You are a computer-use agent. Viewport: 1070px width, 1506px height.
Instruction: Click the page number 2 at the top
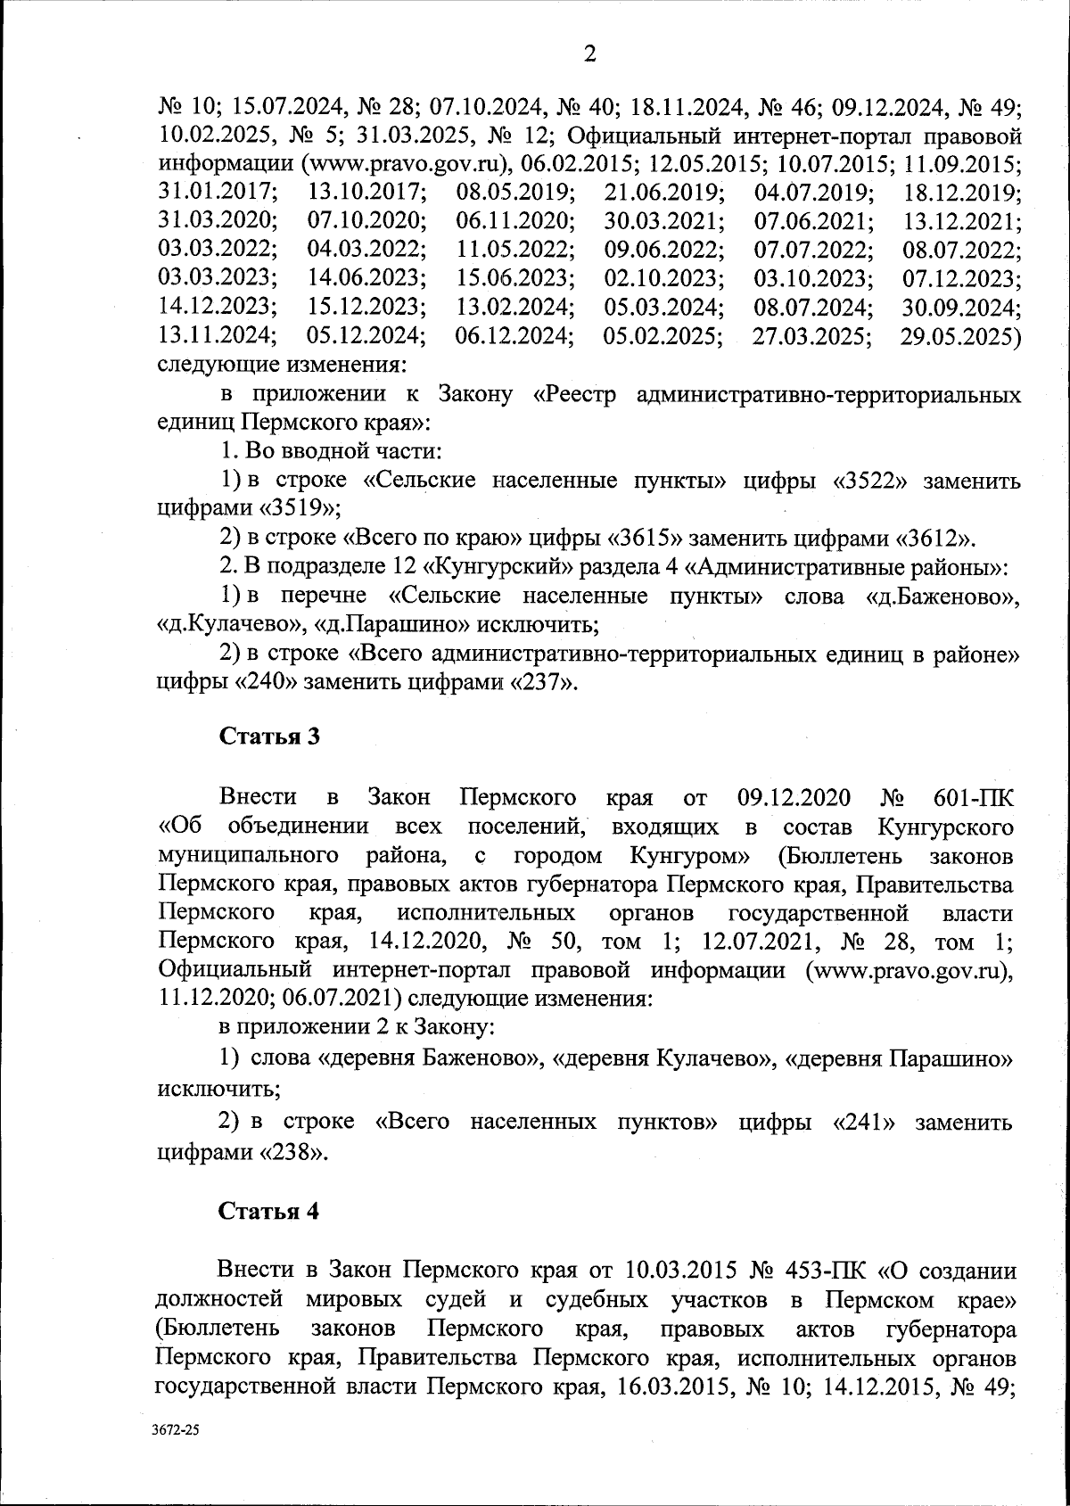pyautogui.click(x=588, y=55)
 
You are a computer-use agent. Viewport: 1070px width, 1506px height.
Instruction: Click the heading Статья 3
pyautogui.click(x=268, y=737)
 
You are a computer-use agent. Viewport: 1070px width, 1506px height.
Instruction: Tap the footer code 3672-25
pyautogui.click(x=177, y=1454)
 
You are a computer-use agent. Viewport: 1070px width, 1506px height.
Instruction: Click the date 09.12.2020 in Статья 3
pyautogui.click(x=794, y=796)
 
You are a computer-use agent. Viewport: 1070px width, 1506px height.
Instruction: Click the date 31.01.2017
pyautogui.click(x=217, y=193)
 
